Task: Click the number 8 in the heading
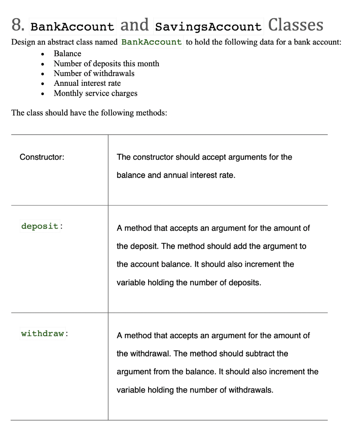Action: (x=17, y=25)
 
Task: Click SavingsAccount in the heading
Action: (x=209, y=27)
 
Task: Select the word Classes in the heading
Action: (x=295, y=25)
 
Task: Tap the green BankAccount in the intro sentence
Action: (x=152, y=42)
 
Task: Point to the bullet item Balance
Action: (x=67, y=54)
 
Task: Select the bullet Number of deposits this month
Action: (x=106, y=64)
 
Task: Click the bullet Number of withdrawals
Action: (x=94, y=73)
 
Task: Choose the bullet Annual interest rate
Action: (x=87, y=83)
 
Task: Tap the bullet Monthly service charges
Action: (x=96, y=93)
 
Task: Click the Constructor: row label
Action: (x=42, y=157)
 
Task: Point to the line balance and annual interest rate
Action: (x=175, y=175)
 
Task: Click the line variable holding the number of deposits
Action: (x=188, y=282)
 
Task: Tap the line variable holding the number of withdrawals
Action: (x=194, y=390)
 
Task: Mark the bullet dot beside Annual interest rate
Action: (x=43, y=84)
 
